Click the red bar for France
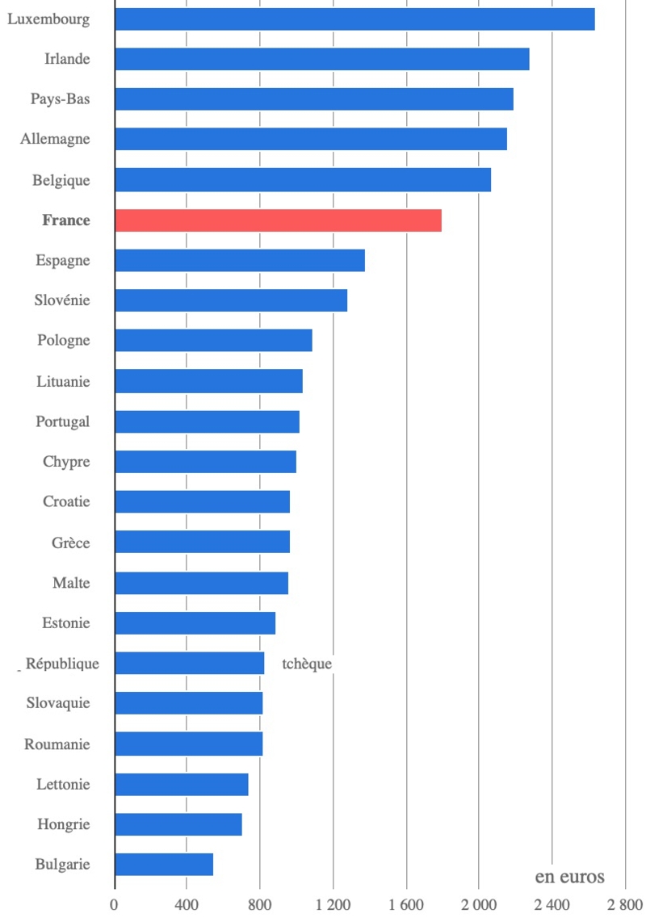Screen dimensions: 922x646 point(278,220)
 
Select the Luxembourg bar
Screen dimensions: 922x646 point(354,19)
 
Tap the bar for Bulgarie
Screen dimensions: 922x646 point(164,865)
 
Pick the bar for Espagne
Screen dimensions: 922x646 point(240,261)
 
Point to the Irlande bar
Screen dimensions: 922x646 point(322,59)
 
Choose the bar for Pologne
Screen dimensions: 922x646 point(213,341)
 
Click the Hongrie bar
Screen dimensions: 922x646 point(178,824)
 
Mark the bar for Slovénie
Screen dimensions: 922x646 point(231,300)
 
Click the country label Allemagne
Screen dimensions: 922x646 point(55,139)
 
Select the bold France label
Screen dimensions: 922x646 point(66,220)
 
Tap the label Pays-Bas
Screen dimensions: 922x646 point(60,99)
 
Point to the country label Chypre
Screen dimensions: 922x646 point(66,462)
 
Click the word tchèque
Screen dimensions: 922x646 point(307,664)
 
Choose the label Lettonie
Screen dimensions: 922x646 point(63,784)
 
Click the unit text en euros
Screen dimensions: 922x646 point(569,877)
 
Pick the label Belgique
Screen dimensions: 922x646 point(61,180)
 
